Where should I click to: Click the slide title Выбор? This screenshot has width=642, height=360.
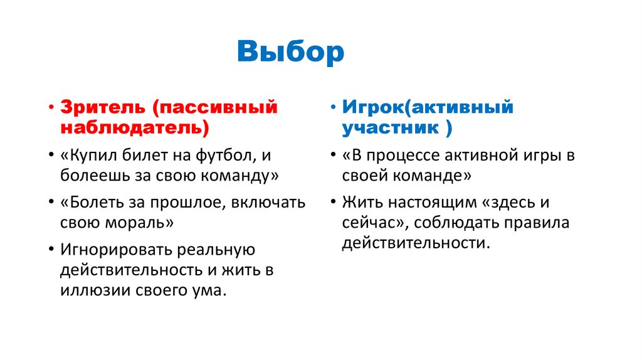coord(291,52)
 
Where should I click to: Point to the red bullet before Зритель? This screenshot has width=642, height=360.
coord(50,107)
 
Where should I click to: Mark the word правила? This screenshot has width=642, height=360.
coord(540,223)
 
